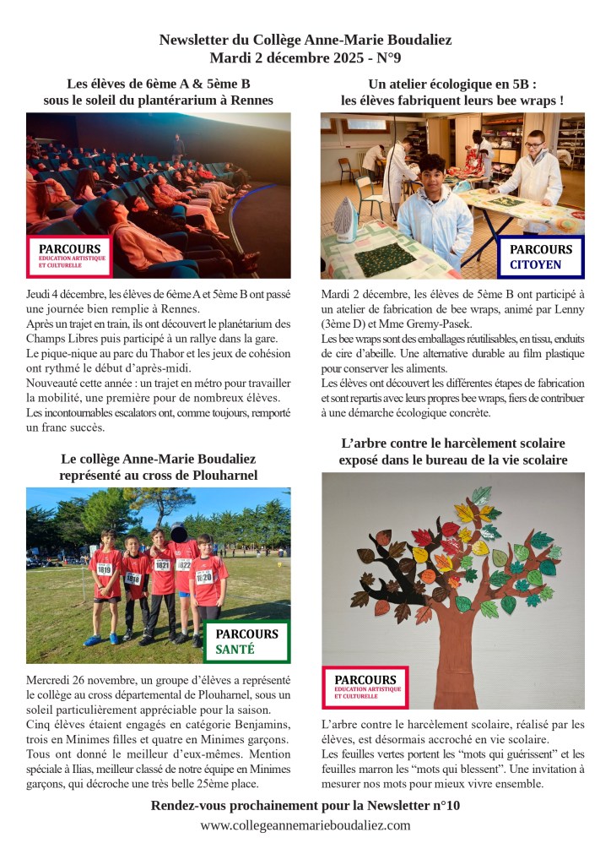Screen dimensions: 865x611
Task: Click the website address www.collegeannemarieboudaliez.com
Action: [x=305, y=825]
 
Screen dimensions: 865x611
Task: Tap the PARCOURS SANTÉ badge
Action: [x=246, y=642]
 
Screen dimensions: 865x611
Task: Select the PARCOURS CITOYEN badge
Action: [x=540, y=257]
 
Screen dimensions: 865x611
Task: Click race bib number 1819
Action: [x=105, y=569]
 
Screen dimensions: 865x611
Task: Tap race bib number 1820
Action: [x=204, y=578]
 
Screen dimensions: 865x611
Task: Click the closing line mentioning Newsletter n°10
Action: [x=305, y=805]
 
